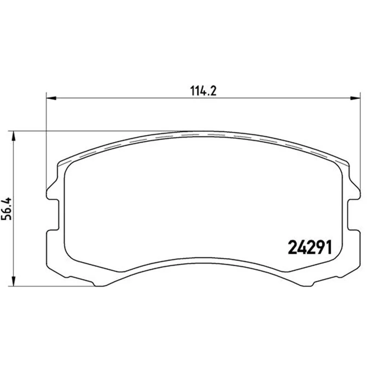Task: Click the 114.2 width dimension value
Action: coord(203,91)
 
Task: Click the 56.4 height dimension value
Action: coord(6,209)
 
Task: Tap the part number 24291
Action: coord(310,248)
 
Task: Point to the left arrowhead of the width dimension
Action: coord(51,98)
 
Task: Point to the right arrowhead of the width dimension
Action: coord(355,98)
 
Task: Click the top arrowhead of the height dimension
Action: coord(14,136)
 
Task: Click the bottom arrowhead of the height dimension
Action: coord(14,281)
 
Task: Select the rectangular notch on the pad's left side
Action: coord(53,214)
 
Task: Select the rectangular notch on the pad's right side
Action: coord(353,214)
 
